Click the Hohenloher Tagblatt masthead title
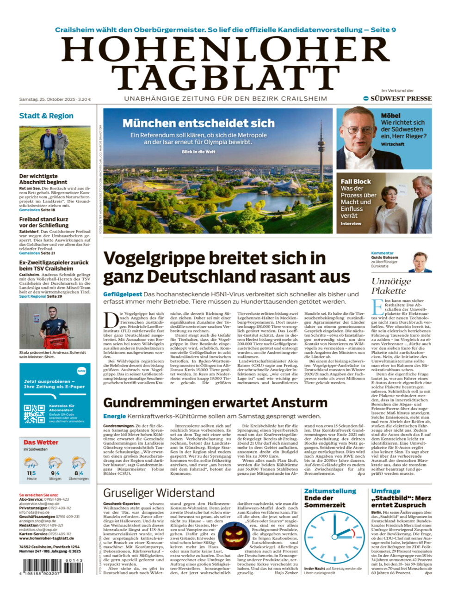click(x=225, y=63)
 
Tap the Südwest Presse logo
click(x=397, y=98)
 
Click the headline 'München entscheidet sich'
click(x=198, y=123)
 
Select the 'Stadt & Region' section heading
click(x=46, y=116)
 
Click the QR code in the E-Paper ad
click(x=34, y=414)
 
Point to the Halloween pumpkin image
click(x=233, y=536)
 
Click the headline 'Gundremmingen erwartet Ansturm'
click(x=215, y=402)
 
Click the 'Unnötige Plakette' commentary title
click(x=391, y=286)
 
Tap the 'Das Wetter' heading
click(x=41, y=442)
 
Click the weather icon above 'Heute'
click(x=31, y=463)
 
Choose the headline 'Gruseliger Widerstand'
click(x=159, y=493)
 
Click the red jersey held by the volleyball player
click(x=58, y=343)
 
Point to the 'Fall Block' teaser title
click(x=356, y=182)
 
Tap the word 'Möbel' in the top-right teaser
click(x=390, y=116)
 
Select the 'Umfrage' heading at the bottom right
click(x=385, y=491)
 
